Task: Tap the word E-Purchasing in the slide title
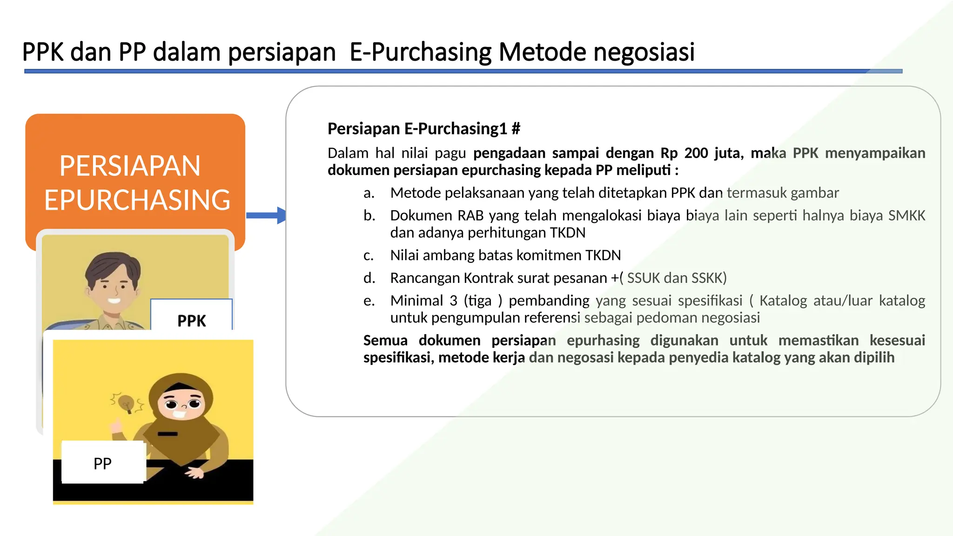[420, 52]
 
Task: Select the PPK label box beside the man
[191, 316]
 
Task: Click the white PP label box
[103, 462]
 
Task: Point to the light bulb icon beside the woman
[126, 403]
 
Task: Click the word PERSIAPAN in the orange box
[130, 166]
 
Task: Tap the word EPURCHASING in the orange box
[137, 200]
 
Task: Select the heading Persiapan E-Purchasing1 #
[423, 128]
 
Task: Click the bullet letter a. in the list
[369, 193]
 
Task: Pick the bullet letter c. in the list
[369, 255]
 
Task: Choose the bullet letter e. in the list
[369, 301]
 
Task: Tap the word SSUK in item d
[643, 278]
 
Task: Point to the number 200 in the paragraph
[697, 153]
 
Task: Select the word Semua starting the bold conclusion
[385, 340]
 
